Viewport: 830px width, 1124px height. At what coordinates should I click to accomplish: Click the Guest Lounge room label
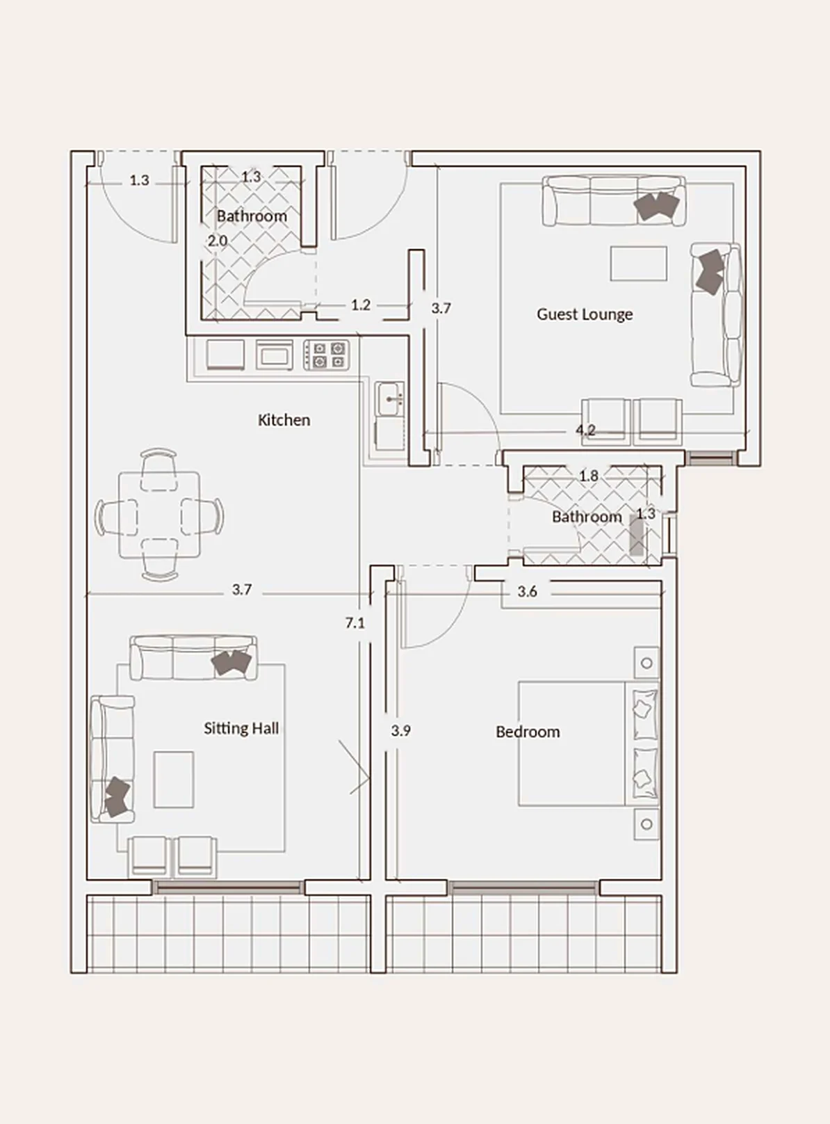coord(585,314)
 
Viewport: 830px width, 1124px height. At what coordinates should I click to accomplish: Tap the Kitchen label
coord(284,419)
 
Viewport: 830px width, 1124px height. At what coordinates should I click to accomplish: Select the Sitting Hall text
coord(241,728)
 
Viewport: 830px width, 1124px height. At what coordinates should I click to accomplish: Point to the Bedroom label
coord(528,732)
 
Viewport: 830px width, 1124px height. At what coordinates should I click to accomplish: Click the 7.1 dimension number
coord(355,623)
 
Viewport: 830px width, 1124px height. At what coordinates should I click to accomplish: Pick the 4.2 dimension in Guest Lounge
coord(585,431)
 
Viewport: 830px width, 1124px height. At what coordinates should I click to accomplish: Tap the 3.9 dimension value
coord(400,731)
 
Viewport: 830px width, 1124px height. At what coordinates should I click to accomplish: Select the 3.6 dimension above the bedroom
coord(527,591)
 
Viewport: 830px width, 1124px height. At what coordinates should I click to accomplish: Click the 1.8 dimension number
coord(588,476)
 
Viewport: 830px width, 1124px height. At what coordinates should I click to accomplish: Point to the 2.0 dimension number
coord(218,241)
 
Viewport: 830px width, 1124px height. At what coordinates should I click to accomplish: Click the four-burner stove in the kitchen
coord(326,355)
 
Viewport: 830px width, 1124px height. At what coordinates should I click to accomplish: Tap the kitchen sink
coord(390,399)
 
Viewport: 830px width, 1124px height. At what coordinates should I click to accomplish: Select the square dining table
coord(159,515)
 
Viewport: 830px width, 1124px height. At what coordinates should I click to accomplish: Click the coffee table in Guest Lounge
coord(638,264)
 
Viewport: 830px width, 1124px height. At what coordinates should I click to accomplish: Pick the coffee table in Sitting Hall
coord(174,780)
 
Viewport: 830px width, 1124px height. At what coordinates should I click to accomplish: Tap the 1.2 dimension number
coord(360,305)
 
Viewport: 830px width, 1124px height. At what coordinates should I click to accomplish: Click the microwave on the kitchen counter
coord(274,355)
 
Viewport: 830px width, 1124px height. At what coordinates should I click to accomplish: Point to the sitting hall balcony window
coord(229,888)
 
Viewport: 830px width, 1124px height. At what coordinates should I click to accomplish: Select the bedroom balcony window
coord(524,888)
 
